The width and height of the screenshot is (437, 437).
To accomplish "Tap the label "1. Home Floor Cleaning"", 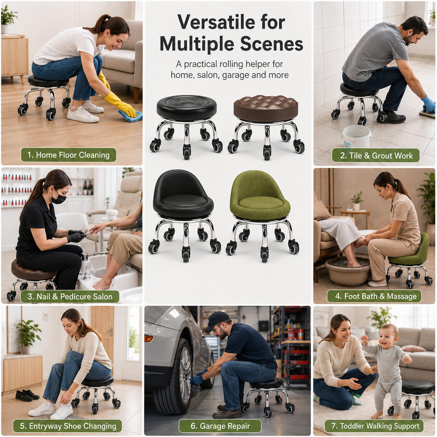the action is (x=69, y=155).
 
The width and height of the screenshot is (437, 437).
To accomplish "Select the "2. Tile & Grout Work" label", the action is (x=376, y=156).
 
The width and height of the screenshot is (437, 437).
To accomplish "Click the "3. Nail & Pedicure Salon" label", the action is (x=70, y=297).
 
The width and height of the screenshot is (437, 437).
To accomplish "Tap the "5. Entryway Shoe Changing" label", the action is (x=67, y=426).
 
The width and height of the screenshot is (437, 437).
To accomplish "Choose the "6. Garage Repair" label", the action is (x=220, y=426).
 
